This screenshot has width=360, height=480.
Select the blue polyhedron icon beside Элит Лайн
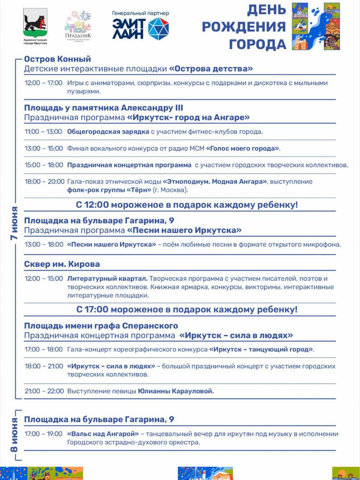158,28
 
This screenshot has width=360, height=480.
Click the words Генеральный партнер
140,13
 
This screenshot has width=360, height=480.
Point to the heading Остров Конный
58,59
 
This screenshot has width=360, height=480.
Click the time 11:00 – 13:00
43,132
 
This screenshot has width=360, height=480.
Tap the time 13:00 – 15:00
43,148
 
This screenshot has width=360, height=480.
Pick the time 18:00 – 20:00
44,182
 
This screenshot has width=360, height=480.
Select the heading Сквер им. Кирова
62,264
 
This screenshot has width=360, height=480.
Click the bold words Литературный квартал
108,278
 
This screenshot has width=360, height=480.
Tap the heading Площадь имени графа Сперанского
101,326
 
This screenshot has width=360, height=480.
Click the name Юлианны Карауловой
176,391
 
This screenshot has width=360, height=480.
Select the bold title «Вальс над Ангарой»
103,434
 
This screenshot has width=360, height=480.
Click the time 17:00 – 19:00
43,434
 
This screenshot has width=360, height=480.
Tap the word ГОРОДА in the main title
258,44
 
